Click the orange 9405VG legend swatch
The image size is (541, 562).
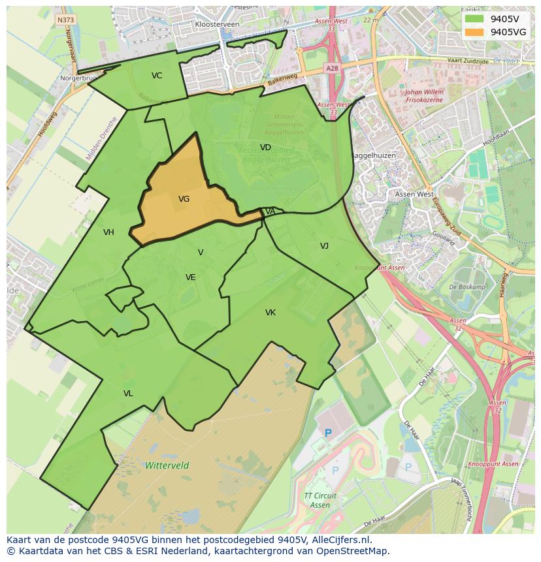coord(475,31)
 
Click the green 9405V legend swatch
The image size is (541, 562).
coord(475,18)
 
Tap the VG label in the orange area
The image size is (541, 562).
coord(184,199)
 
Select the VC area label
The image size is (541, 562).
coord(157,76)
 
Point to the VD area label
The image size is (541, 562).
coord(265,148)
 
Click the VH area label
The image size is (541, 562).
coord(108,232)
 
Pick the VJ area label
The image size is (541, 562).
coord(324,246)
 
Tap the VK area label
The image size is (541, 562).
coord(270,313)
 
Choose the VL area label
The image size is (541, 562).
coord(128,394)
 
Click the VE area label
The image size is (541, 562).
coord(190,277)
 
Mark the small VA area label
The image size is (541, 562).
coord(270,211)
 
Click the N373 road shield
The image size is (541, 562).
coord(65,20)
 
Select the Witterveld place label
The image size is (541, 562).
coord(167,465)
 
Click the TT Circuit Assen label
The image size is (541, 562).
coord(320,501)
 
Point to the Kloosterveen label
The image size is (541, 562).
coord(217,24)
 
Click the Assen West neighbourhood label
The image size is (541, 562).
coord(414,195)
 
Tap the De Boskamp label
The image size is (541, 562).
coord(467,287)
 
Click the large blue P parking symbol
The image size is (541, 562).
coord(328,433)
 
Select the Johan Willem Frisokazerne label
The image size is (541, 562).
coord(425,97)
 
